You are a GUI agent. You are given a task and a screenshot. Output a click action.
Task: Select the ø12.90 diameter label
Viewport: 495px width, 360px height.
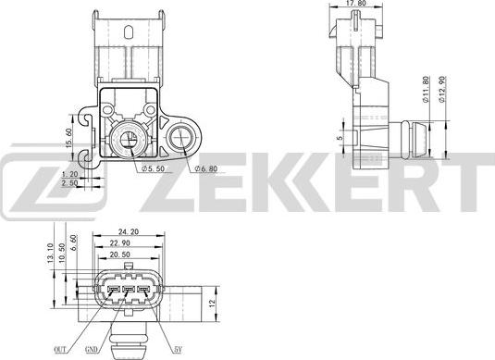(446, 93)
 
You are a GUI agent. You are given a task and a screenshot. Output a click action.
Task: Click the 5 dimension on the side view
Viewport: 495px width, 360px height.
(340, 141)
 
